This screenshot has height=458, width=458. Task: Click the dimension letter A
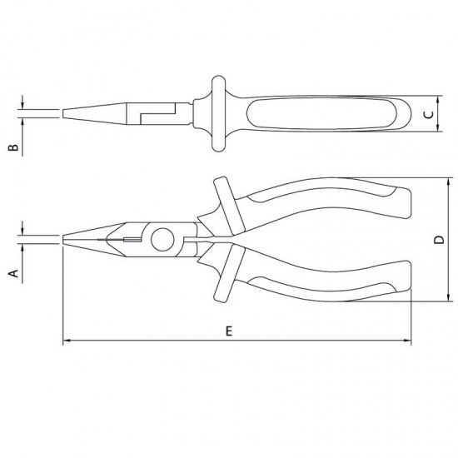pyautogui.click(x=13, y=273)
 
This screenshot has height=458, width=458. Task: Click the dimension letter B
pyautogui.click(x=13, y=147)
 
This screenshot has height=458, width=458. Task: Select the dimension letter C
pyautogui.click(x=429, y=115)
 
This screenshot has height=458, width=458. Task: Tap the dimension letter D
pyautogui.click(x=439, y=240)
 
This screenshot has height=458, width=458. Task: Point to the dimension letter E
pyautogui.click(x=229, y=331)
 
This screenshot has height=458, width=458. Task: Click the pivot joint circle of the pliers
pyautogui.click(x=162, y=240)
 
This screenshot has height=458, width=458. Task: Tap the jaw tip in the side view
pyautogui.click(x=63, y=240)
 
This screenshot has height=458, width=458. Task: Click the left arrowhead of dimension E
pyautogui.click(x=67, y=341)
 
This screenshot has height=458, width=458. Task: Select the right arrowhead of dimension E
pyautogui.click(x=407, y=341)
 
